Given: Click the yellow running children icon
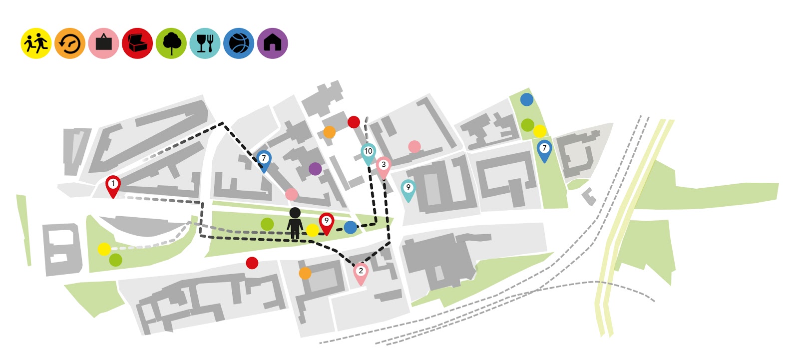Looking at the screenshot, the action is point(36,43).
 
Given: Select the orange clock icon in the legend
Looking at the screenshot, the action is point(70,43).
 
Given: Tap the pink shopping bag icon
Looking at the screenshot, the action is point(103,43).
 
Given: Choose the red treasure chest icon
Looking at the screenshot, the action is point(137,43).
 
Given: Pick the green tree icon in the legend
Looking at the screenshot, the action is point(171,43).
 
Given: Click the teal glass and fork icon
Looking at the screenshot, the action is point(205,43).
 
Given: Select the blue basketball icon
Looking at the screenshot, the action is point(239,43).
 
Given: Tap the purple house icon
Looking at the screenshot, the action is point(273,43).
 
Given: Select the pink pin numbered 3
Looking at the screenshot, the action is point(384,166).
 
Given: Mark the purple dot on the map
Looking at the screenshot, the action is point(315,169).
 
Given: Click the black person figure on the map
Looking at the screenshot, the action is point(295,223).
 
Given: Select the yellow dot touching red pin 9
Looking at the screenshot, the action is point(313,230).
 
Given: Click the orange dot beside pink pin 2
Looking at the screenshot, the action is point(305,273).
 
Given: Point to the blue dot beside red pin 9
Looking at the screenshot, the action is point(351,228).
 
